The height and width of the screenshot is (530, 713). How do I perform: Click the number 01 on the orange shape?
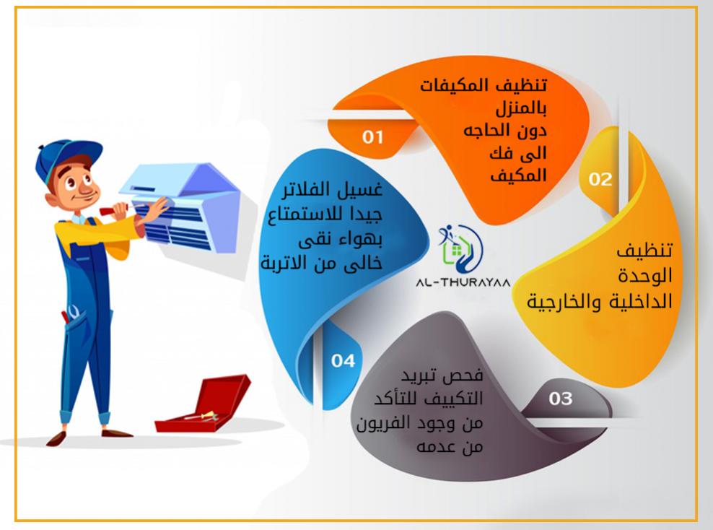[373, 137]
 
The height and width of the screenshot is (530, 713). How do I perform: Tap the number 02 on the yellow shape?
[600, 179]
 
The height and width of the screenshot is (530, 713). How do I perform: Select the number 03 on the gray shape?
[560, 399]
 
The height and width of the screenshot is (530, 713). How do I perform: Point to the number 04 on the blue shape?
[343, 361]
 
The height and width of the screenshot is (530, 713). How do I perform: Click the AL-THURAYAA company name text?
[463, 282]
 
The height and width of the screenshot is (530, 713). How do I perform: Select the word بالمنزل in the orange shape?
[521, 108]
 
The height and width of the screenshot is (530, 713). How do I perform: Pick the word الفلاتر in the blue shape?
[307, 189]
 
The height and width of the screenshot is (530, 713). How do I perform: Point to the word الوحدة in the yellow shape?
[644, 276]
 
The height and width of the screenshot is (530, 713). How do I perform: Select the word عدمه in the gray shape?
[437, 447]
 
